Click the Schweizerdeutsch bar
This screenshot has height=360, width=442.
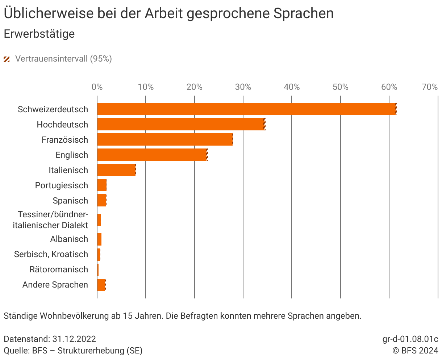point(246,109)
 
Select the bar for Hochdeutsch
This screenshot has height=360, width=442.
point(181,124)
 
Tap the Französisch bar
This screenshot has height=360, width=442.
point(165,139)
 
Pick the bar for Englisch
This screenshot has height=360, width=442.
point(152,155)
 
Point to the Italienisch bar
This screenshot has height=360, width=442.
point(116,170)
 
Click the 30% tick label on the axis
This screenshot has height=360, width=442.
point(243,87)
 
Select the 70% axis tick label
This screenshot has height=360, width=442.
point(430,87)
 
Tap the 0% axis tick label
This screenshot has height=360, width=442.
point(97,87)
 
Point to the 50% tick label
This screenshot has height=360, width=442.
point(340,87)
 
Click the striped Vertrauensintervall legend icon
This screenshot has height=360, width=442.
point(7,59)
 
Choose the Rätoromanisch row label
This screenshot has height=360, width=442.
point(59,269)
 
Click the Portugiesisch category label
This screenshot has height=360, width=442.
point(62,185)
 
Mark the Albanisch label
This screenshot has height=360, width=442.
point(69,239)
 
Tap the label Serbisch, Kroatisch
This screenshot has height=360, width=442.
point(51,254)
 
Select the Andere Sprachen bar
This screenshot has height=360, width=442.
point(101,285)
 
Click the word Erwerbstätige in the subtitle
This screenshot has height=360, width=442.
point(39,34)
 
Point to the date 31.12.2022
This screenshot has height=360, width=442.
point(74,339)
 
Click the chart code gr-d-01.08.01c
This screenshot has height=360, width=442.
point(410,339)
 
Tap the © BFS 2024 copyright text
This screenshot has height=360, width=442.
point(415,351)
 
